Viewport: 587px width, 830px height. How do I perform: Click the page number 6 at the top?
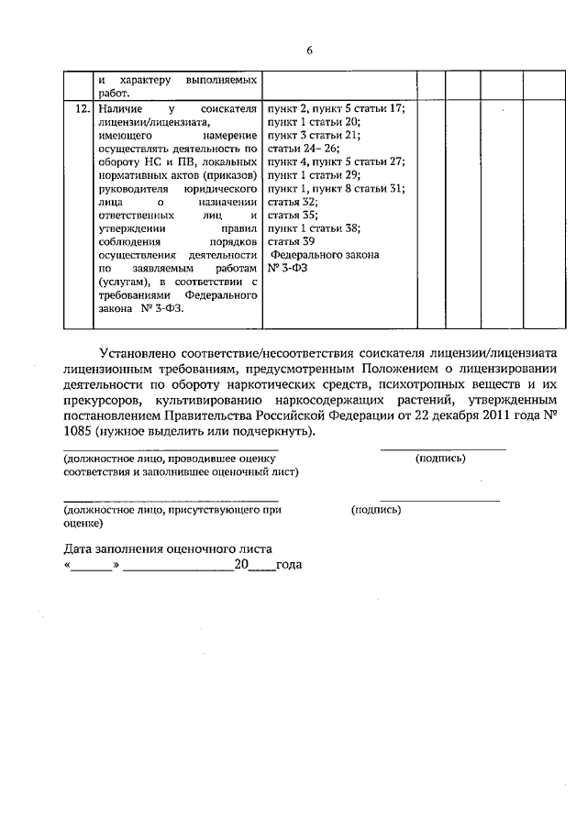tap(310, 50)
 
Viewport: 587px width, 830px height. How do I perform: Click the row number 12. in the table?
tap(82, 107)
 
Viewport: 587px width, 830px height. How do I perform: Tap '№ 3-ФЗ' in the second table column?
tap(288, 267)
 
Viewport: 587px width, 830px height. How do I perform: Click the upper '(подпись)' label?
tap(441, 458)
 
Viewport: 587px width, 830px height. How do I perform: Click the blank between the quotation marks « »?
tap(91, 565)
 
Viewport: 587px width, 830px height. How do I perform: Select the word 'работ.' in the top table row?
tap(116, 92)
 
